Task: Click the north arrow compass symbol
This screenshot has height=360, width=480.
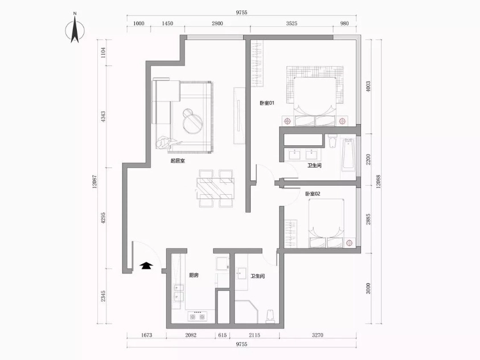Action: point(75,29)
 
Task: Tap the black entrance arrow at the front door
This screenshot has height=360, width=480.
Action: point(147,265)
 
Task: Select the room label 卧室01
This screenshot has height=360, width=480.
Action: point(267,103)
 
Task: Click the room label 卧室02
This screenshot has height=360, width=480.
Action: point(313,194)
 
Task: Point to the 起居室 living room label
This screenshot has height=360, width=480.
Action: point(178,161)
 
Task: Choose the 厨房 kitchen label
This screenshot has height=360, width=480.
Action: point(194,275)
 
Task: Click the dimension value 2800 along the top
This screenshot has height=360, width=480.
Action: point(218,23)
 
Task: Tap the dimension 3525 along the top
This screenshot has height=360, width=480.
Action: point(292,23)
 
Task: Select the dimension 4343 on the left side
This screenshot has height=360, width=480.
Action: point(103,117)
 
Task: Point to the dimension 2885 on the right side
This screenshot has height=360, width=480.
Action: point(368,219)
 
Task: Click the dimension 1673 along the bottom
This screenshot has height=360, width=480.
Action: point(147,335)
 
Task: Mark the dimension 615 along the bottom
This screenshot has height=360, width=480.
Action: point(223,335)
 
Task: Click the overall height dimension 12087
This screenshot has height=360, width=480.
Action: point(95,181)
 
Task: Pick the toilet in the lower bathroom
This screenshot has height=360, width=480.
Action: point(270,316)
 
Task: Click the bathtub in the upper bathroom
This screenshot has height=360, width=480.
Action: point(348,154)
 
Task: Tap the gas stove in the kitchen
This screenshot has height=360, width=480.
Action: point(197,316)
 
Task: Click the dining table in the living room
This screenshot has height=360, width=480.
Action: point(216,189)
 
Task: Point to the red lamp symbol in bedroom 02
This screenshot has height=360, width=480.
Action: point(349,243)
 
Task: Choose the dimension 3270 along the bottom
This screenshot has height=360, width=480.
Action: point(318,335)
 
